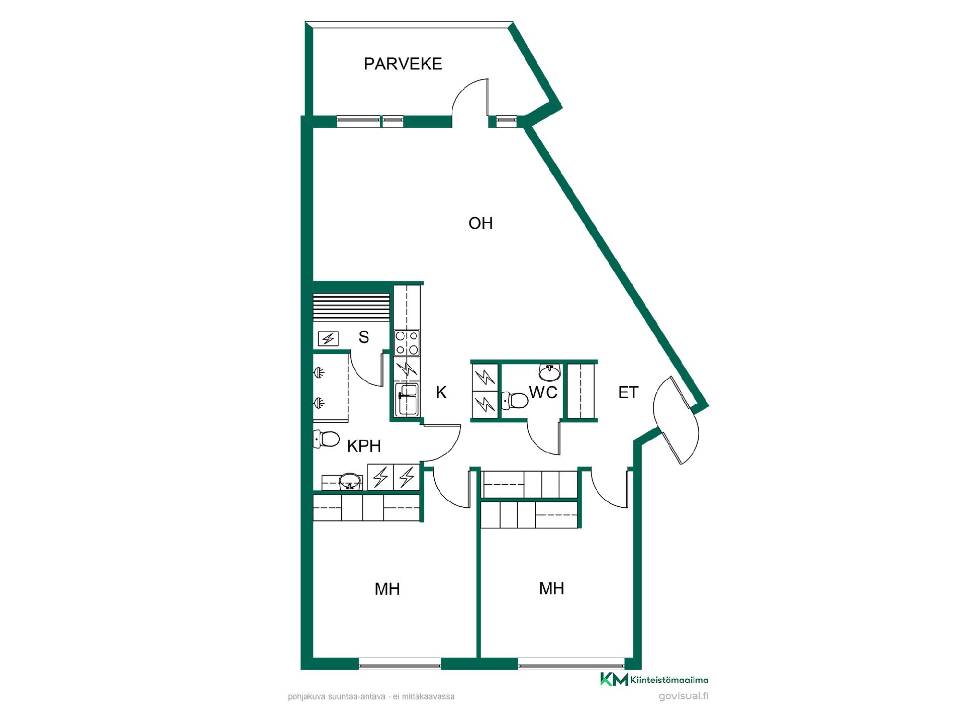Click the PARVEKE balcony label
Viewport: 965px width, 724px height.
pyautogui.click(x=403, y=64)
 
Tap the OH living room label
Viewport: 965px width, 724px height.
pyautogui.click(x=480, y=223)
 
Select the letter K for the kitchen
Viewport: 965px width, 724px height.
pyautogui.click(x=441, y=392)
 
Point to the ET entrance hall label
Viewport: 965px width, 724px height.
pyautogui.click(x=628, y=392)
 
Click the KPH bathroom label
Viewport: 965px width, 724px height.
pyautogui.click(x=364, y=446)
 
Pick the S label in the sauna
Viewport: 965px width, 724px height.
pyautogui.click(x=364, y=337)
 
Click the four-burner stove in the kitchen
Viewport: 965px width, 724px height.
pyautogui.click(x=407, y=342)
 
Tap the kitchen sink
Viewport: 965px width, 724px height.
pyautogui.click(x=407, y=400)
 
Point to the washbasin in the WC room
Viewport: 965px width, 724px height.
pyautogui.click(x=550, y=372)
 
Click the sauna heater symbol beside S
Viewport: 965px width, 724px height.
pyautogui.click(x=328, y=339)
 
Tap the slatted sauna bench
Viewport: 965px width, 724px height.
pyautogui.click(x=351, y=307)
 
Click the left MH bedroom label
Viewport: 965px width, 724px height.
pyautogui.click(x=387, y=589)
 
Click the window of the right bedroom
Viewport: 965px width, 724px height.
pyautogui.click(x=571, y=667)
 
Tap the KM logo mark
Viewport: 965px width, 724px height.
pyautogui.click(x=614, y=679)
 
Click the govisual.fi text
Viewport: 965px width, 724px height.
pyautogui.click(x=684, y=696)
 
